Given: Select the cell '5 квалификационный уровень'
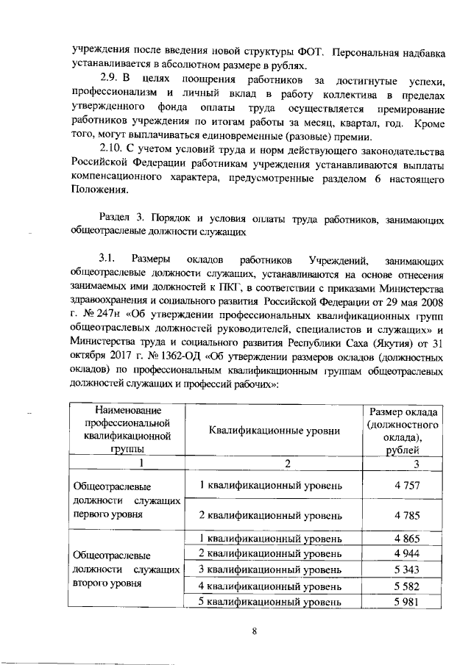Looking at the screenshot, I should point(270,602).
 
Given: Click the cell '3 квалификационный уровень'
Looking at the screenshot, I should point(270,570).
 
